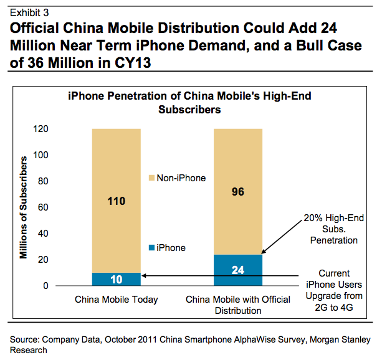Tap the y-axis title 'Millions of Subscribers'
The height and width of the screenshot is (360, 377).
click(x=24, y=207)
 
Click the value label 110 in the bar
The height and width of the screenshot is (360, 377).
click(x=117, y=201)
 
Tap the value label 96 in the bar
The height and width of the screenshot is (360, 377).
click(x=237, y=192)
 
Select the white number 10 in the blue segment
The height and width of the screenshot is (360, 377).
click(x=117, y=279)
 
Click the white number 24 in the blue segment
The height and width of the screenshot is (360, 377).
click(x=237, y=270)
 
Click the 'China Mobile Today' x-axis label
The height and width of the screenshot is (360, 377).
click(x=117, y=300)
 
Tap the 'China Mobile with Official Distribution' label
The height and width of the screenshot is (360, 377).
click(x=238, y=305)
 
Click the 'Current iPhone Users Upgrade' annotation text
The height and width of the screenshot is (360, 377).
click(x=335, y=287)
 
